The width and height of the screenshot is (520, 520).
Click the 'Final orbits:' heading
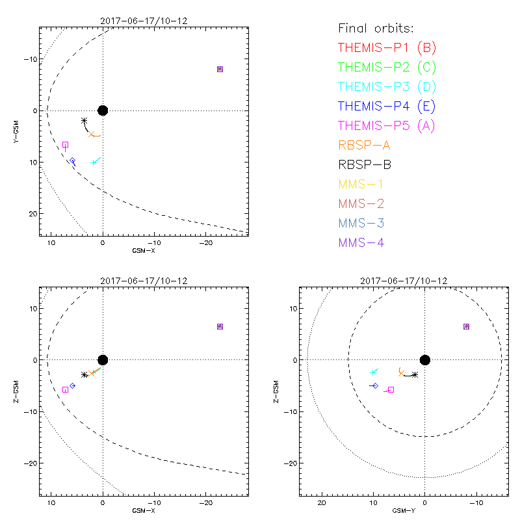376,28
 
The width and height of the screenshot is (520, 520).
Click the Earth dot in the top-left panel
103,110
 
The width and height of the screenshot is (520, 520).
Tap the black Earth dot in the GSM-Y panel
425,360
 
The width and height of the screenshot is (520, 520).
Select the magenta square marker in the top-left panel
65,144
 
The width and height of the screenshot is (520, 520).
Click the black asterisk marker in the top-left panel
84,121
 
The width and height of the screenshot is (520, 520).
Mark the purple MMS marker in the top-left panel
220,69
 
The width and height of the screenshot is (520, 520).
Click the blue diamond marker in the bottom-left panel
72,385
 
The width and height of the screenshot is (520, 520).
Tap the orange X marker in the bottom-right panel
400,372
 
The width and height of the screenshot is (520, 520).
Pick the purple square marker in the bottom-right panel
466,326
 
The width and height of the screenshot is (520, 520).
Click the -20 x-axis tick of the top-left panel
205,242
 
